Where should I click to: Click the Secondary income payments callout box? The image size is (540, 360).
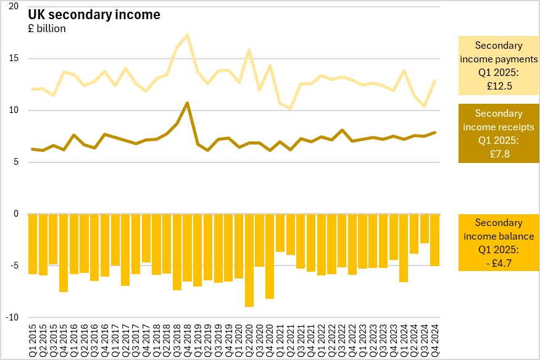tap(498, 66)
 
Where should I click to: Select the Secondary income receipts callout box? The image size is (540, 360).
tap(498, 133)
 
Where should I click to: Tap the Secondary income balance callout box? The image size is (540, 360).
tap(498, 242)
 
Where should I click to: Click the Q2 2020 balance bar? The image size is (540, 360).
tap(249, 260)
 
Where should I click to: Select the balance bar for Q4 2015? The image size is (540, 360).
tap(64, 253)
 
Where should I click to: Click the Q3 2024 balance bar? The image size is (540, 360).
tap(425, 228)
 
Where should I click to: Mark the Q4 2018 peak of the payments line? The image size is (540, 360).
tap(188, 35)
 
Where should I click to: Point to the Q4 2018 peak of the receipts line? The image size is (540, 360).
tap(188, 103)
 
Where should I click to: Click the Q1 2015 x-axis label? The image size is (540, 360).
tap(33, 338)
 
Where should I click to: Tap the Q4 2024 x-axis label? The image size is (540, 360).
tap(435, 338)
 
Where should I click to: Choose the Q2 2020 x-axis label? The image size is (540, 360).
tap(249, 338)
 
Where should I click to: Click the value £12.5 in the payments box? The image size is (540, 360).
tap(498, 86)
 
